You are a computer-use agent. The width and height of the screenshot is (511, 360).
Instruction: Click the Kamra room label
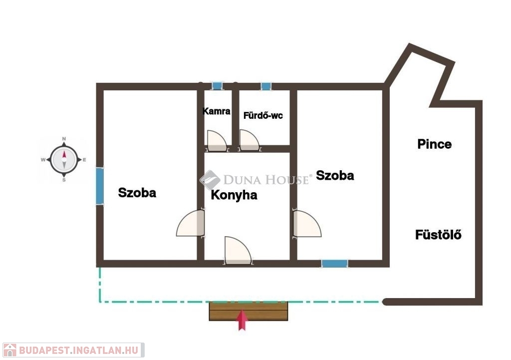point(217,111)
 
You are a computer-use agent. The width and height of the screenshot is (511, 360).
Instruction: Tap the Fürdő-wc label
point(263,115)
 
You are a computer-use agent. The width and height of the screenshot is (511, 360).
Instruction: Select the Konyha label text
point(234,195)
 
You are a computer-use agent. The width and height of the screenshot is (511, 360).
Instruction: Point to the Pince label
point(435,144)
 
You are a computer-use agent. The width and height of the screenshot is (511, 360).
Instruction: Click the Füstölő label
point(438,235)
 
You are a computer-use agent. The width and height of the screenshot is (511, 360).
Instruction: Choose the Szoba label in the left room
point(137,193)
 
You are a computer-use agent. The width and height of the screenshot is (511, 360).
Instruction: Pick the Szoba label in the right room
point(335,175)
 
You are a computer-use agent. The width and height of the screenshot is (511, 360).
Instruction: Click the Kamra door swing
point(217,141)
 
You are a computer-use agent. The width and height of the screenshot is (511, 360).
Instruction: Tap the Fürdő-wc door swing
point(250,140)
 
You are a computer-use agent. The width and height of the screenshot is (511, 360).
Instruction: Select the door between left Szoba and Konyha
point(191,223)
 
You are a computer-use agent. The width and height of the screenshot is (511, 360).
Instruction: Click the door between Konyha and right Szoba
point(307,224)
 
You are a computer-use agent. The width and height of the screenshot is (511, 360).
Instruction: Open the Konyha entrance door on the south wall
point(238,250)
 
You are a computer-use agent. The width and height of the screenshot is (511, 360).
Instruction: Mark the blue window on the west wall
point(100,186)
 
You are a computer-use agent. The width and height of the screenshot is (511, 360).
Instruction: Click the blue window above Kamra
point(217,86)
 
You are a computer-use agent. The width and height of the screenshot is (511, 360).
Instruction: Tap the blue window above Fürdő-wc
point(266,86)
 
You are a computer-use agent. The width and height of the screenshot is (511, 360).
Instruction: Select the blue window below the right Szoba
point(335,264)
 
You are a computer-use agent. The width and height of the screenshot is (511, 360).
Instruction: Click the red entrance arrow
point(242,320)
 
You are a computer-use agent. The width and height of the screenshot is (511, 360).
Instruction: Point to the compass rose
point(64,160)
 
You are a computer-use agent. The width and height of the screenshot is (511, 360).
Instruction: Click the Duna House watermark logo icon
point(210,180)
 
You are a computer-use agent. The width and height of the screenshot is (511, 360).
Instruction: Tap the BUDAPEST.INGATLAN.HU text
point(79,351)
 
